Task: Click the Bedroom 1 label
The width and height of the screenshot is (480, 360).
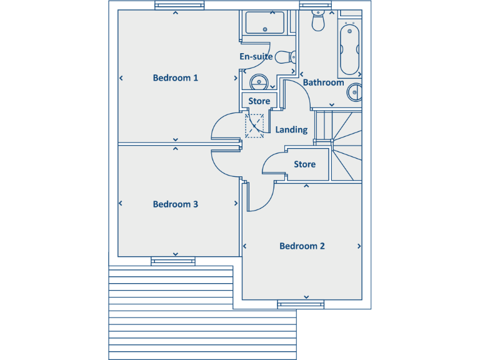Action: (176, 78)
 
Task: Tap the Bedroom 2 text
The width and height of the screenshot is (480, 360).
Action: (302, 246)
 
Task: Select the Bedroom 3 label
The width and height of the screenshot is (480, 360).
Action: (176, 204)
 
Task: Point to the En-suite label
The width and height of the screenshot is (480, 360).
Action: (256, 57)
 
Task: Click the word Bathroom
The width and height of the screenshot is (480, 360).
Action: (323, 82)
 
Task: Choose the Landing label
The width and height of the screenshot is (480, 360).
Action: (291, 130)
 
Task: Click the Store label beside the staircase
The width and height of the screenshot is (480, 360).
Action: (304, 164)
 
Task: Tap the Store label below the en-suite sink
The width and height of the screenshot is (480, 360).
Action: (259, 101)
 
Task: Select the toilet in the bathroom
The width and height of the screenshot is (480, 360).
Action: (319, 21)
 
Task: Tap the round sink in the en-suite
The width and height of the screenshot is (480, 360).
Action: (259, 81)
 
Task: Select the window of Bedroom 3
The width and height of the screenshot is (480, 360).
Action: (174, 261)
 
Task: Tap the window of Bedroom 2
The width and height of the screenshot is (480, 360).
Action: (301, 304)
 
